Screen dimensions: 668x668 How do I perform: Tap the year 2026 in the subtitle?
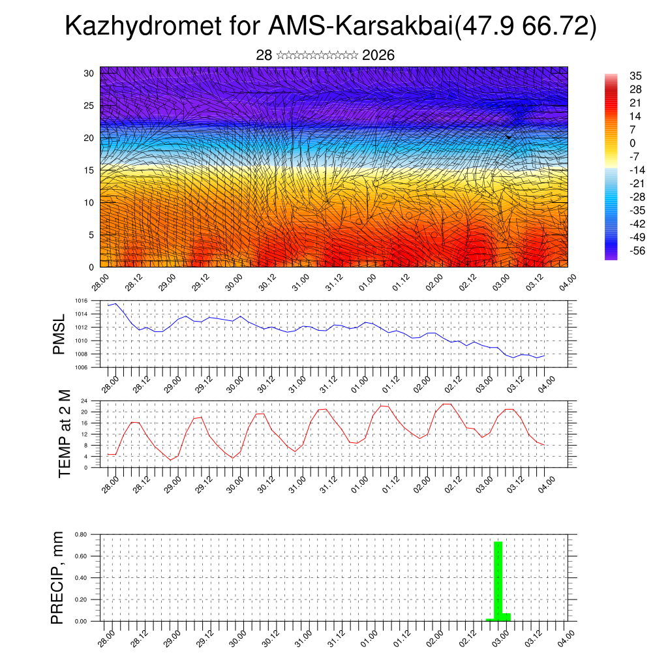378,55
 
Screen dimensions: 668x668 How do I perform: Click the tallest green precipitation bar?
498,581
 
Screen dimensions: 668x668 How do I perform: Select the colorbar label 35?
635,76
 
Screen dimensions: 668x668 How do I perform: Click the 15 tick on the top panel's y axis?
89,170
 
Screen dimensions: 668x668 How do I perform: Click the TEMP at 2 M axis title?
64,434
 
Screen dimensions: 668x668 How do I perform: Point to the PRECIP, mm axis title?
58,578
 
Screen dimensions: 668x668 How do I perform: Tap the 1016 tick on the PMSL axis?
80,301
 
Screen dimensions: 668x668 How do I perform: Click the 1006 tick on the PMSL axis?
80,367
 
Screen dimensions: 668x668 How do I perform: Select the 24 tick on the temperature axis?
85,401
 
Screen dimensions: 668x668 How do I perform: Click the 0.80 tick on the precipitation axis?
81,534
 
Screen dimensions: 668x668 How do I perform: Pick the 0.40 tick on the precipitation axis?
81,578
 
